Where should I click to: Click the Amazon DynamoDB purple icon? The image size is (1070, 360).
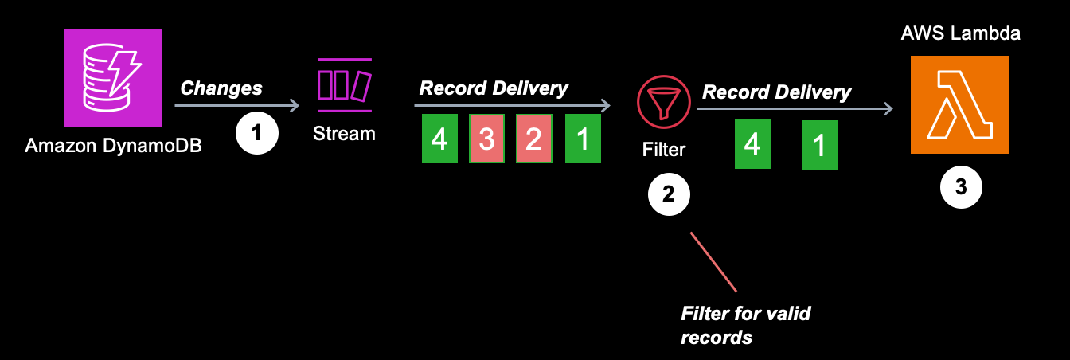[112, 77]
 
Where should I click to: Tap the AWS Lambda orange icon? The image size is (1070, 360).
[959, 104]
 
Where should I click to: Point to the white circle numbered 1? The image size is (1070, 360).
[256, 133]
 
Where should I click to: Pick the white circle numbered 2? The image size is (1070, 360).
[670, 195]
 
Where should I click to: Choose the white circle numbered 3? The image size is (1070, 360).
[960, 187]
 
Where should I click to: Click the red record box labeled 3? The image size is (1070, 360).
[486, 139]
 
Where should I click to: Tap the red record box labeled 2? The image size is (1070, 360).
[533, 139]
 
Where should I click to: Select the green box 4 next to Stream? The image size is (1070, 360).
[439, 139]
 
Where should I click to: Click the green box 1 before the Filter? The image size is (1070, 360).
[584, 139]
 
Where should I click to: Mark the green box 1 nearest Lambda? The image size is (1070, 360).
[819, 146]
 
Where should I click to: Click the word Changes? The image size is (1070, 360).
[221, 88]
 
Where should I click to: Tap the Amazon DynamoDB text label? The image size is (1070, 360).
[113, 146]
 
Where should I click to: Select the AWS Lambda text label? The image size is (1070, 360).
[960, 33]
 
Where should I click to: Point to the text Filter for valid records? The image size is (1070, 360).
[745, 324]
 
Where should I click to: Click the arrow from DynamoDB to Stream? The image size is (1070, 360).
[236, 105]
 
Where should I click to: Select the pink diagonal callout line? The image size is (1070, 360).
[713, 261]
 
